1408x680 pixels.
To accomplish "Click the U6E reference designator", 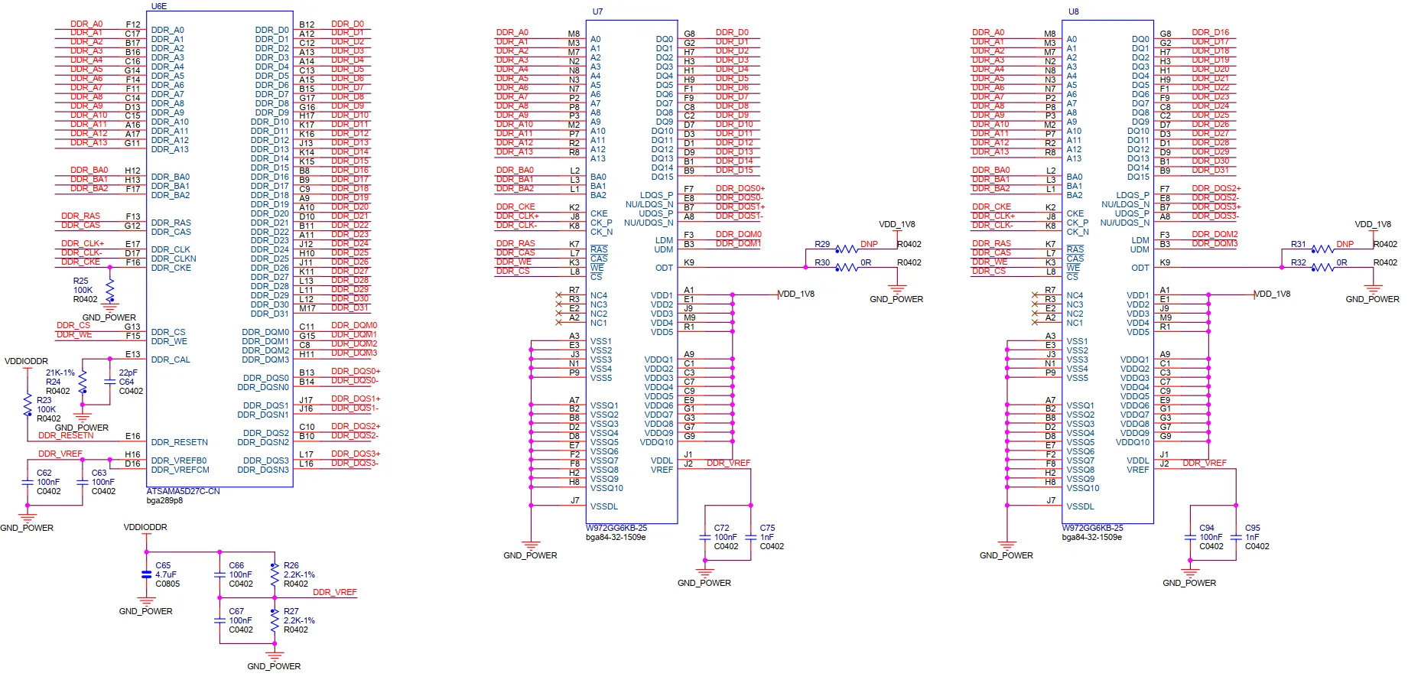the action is tap(159, 6).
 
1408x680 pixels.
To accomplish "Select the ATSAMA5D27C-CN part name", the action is tap(183, 492).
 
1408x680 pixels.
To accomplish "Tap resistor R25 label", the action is tap(81, 281).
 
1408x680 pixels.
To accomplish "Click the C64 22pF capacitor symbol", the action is tap(110, 382).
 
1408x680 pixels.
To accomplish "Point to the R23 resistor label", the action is tap(44, 400).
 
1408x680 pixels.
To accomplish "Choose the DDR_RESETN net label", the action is tap(66, 436).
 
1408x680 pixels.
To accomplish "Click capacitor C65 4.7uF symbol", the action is tap(147, 574).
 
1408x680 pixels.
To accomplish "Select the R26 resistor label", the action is tap(291, 566).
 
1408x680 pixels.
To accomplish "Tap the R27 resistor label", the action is tap(291, 612).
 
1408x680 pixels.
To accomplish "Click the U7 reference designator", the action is tap(598, 11).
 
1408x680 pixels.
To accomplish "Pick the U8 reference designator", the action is tap(1074, 11).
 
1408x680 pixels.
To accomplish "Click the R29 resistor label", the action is tap(822, 244).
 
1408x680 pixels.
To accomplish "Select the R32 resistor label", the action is tap(1299, 262).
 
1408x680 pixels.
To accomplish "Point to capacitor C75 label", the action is tap(767, 528).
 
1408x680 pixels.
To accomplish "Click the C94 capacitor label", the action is tap(1207, 528).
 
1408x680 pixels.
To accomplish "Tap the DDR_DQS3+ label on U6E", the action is tap(356, 454).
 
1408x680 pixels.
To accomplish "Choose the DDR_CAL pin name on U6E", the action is tap(171, 360).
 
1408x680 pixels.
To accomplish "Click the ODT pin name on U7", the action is tap(664, 268).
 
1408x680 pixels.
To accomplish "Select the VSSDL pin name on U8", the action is tap(1081, 506).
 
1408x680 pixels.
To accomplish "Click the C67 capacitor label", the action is tap(236, 611).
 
